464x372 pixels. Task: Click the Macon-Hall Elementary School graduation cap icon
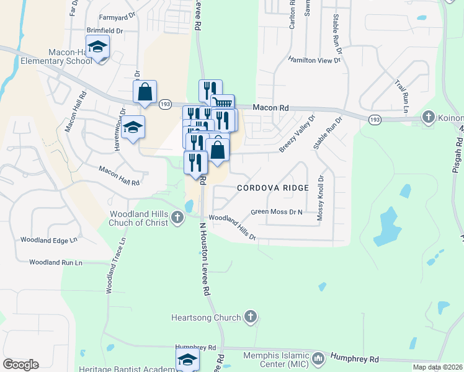pos(97,47)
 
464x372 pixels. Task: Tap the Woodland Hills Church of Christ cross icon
pos(177,218)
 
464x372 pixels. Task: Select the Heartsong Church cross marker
pos(250,317)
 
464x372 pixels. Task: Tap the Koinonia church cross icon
pos(428,117)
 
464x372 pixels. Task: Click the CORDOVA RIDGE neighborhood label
pos(272,187)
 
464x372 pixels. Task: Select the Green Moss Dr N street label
pos(276,212)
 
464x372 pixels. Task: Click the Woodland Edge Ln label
pos(49,239)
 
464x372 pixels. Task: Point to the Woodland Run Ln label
pos(55,262)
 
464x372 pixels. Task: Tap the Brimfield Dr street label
pos(106,30)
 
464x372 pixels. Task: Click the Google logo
pos(20,365)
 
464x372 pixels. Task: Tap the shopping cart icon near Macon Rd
pos(222,104)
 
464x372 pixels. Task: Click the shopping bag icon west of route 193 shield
pos(145,92)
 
